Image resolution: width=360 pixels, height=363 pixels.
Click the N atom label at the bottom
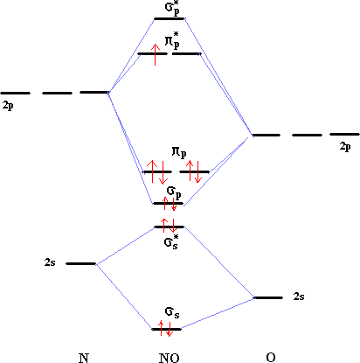pos(84,358)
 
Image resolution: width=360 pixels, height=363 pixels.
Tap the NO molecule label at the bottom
pos(170,358)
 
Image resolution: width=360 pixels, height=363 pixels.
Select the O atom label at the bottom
pos(271,358)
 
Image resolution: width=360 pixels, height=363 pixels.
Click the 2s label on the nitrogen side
pos(50,262)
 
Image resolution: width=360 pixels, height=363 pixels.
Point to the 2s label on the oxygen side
pos(299,297)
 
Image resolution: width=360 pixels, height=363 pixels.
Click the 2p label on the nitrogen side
pos(8,106)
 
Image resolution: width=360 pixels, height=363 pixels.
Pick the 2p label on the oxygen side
pos(345,147)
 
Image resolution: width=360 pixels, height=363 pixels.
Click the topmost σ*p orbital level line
pos(170,18)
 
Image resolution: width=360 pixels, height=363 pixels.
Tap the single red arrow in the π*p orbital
pos(156,54)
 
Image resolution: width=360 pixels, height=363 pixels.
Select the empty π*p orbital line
pos(186,54)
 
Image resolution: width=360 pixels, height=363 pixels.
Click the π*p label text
pos(172,40)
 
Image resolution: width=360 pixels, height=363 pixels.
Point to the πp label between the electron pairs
pos(179,152)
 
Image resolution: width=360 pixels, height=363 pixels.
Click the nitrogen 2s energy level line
pos(81,263)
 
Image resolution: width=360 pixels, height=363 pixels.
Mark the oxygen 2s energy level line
pos(268,297)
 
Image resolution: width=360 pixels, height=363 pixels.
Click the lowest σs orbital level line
pos(167,329)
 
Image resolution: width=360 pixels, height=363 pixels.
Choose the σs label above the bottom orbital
pos(172,312)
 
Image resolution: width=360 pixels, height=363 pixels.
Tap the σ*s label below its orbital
pos(171,242)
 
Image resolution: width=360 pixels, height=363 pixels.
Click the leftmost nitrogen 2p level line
pos(16,93)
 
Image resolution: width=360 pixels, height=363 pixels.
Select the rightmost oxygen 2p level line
pos(344,134)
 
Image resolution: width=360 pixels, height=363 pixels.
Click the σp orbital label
pos(174,192)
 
